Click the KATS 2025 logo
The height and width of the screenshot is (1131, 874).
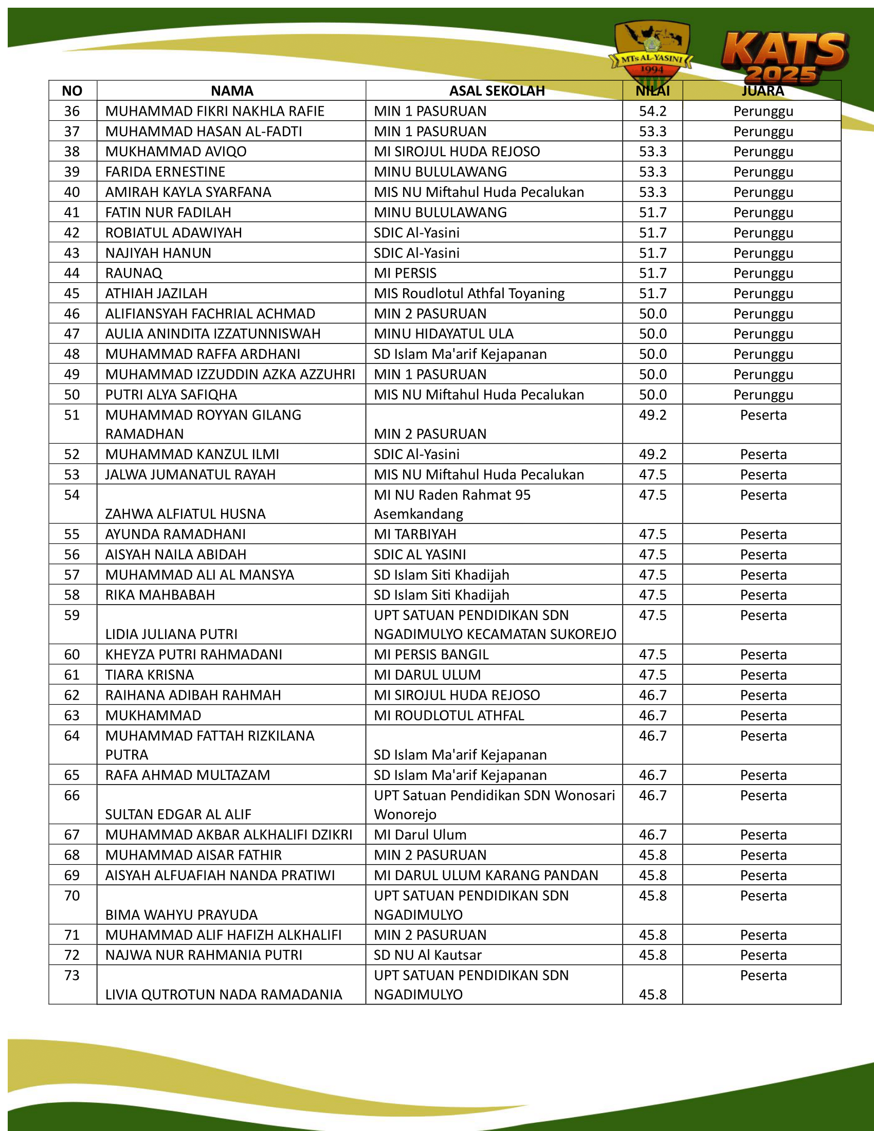tap(784, 57)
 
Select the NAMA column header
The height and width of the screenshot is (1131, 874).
tap(232, 91)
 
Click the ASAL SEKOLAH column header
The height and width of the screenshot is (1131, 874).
tap(497, 91)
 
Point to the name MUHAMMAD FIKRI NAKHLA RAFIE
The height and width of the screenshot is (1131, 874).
tap(214, 112)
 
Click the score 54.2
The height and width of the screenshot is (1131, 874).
tap(652, 112)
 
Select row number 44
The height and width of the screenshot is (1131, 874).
tap(72, 273)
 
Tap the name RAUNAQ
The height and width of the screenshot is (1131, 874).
tap(134, 273)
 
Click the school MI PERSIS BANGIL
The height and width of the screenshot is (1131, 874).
tap(431, 654)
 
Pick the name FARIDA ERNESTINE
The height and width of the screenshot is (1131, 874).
tap(165, 172)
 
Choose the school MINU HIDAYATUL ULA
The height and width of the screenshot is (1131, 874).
tap(443, 334)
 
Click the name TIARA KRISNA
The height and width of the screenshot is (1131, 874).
tap(149, 675)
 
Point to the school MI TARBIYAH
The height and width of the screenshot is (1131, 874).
tap(415, 535)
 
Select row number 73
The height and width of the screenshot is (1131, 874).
tap(72, 976)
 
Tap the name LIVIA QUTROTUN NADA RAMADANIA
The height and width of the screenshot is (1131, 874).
tap(223, 995)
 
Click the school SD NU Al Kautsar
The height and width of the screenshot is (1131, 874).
tap(427, 955)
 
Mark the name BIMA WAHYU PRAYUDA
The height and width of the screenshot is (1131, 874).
tap(181, 915)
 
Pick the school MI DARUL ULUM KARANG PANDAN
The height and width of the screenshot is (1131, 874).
tap(486, 875)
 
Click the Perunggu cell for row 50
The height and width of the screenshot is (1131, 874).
tap(762, 395)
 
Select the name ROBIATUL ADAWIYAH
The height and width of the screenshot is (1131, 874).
tap(173, 233)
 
